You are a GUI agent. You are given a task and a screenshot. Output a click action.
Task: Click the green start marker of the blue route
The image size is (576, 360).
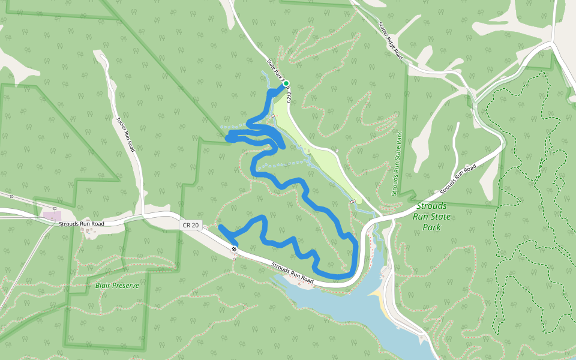pyautogui.click(x=286, y=83)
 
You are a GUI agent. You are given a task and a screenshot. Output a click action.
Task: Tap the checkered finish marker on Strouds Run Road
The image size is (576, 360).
pyautogui.click(x=234, y=249)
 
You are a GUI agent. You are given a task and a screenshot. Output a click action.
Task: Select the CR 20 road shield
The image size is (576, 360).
pyautogui.click(x=188, y=225)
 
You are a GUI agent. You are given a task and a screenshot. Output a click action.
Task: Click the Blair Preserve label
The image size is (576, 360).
pyautogui.click(x=117, y=286)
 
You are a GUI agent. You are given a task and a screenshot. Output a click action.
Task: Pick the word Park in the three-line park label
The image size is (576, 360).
pyautogui.click(x=431, y=227)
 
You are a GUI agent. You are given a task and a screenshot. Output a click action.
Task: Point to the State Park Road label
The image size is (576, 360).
pyautogui.click(x=277, y=70)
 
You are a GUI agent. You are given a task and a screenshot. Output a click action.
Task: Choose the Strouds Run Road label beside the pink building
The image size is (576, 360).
pyautogui.click(x=82, y=224)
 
